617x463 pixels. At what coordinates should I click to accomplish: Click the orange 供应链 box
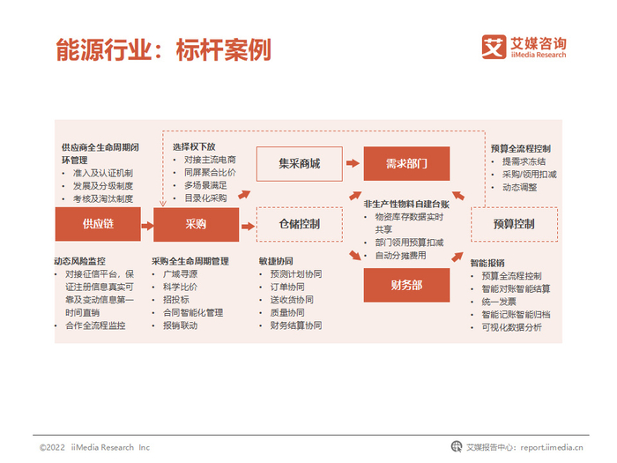[x=98, y=224]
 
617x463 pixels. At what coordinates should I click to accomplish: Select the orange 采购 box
[x=196, y=224]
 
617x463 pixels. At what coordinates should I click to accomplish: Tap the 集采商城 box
[x=299, y=163]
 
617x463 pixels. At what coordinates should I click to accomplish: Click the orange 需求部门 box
[x=406, y=163]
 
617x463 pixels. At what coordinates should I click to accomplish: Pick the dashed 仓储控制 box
[x=299, y=224]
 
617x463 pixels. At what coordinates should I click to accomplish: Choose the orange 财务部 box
[x=406, y=284]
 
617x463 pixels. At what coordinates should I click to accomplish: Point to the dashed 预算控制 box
[x=514, y=224]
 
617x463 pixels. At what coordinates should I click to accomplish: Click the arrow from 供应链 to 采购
[x=146, y=224]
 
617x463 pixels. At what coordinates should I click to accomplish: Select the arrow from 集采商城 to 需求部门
[x=353, y=163]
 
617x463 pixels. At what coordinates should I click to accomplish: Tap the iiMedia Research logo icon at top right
[x=494, y=46]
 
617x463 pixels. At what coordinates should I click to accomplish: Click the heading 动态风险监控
[x=79, y=261]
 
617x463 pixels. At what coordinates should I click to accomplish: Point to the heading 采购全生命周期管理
[x=190, y=261]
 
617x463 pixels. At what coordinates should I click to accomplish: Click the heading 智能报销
[x=487, y=263]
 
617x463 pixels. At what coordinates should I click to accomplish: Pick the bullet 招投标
[x=180, y=300]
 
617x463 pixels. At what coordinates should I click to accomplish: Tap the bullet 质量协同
[x=287, y=312]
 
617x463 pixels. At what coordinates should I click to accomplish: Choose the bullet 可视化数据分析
[x=510, y=327]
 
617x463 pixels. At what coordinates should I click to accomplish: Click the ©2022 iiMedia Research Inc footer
[x=94, y=447]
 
